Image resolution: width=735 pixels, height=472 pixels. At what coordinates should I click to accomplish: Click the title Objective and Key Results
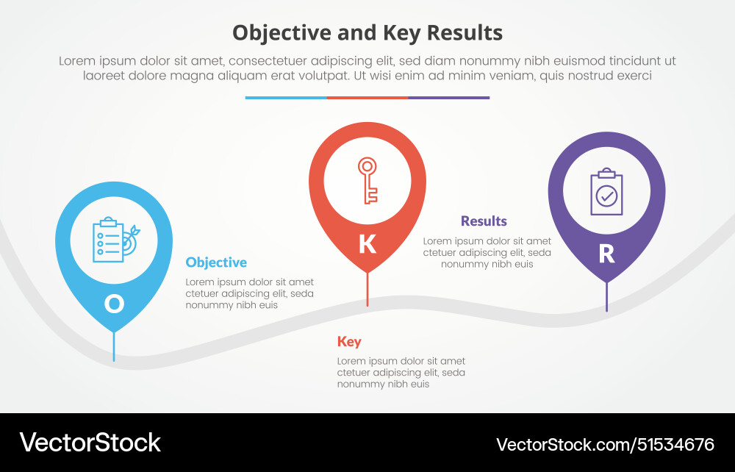click(x=367, y=32)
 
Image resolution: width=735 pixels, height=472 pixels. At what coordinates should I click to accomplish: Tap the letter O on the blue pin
click(x=114, y=303)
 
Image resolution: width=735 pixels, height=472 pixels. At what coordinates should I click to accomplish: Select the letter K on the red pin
click(x=367, y=244)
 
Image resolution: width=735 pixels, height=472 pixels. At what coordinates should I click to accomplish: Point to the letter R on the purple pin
click(x=606, y=254)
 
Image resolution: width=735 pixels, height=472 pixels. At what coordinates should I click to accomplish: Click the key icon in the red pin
click(x=367, y=179)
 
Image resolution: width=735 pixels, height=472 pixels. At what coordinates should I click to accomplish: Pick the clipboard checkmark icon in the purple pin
click(x=606, y=193)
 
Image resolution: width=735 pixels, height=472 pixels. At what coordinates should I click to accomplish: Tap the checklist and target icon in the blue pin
click(x=114, y=240)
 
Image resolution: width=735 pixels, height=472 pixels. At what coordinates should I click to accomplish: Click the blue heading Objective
click(x=216, y=262)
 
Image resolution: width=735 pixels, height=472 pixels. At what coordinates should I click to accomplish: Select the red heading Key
click(x=349, y=341)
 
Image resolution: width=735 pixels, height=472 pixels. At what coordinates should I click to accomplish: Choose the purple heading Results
click(x=484, y=221)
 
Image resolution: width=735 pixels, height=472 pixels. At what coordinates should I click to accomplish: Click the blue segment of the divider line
click(x=286, y=97)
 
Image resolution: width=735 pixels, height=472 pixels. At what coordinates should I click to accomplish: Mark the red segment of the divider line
click(x=367, y=97)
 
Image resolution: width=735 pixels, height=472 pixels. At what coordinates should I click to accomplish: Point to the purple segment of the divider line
click(x=448, y=97)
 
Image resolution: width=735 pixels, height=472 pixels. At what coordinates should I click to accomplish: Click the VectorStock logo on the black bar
click(x=90, y=443)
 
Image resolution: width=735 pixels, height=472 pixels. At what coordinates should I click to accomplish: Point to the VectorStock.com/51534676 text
click(x=605, y=444)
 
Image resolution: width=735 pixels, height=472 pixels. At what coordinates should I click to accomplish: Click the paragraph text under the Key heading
click(x=401, y=373)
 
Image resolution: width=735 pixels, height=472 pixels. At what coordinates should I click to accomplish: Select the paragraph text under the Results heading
click(x=487, y=252)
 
